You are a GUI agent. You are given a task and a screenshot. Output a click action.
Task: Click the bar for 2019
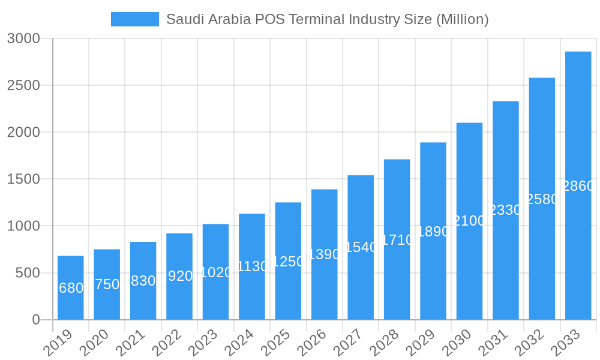[x=71, y=288]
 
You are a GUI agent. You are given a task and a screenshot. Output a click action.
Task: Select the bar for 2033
[x=578, y=186]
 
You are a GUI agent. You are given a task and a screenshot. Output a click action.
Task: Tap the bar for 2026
[x=325, y=254]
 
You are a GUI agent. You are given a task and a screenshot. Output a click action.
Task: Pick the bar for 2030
[x=469, y=221]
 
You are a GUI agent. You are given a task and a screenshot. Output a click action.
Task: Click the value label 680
[x=71, y=288]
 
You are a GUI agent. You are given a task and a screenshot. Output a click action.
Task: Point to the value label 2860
[x=578, y=186]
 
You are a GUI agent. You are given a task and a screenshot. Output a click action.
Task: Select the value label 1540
[x=361, y=247]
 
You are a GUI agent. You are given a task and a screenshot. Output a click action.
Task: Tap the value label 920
[x=180, y=276]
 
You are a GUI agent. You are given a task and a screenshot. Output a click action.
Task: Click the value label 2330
[x=506, y=210]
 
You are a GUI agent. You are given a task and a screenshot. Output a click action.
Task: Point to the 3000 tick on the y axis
[x=23, y=38]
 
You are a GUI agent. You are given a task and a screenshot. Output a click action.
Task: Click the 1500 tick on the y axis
[x=23, y=179]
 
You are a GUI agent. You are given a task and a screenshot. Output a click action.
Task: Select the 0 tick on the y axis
[x=36, y=320]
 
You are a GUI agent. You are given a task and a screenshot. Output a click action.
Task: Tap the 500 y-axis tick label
[x=28, y=273]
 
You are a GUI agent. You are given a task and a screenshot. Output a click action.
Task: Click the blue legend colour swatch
[x=135, y=19]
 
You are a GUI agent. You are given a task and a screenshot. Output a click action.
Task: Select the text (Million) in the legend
[x=462, y=19]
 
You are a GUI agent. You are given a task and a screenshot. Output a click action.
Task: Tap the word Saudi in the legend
[x=183, y=19]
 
